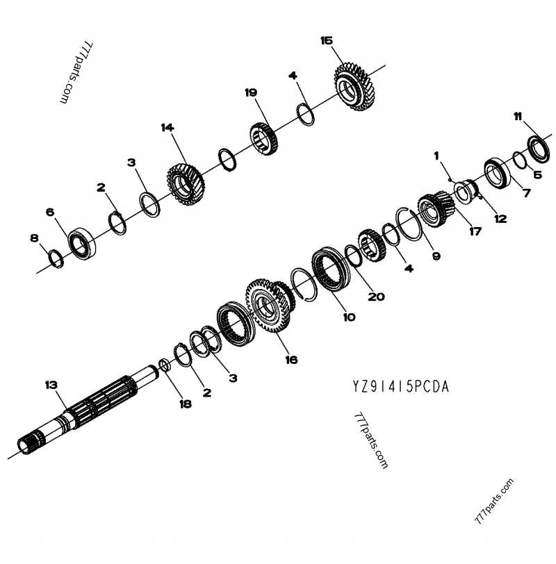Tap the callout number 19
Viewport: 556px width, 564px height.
click(x=251, y=92)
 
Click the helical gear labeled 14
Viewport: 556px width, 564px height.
click(x=183, y=184)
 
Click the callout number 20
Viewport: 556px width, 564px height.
click(x=376, y=297)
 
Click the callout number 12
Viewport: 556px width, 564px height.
click(x=500, y=218)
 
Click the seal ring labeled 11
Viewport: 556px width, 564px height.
click(x=538, y=147)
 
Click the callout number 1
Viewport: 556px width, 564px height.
click(x=436, y=156)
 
